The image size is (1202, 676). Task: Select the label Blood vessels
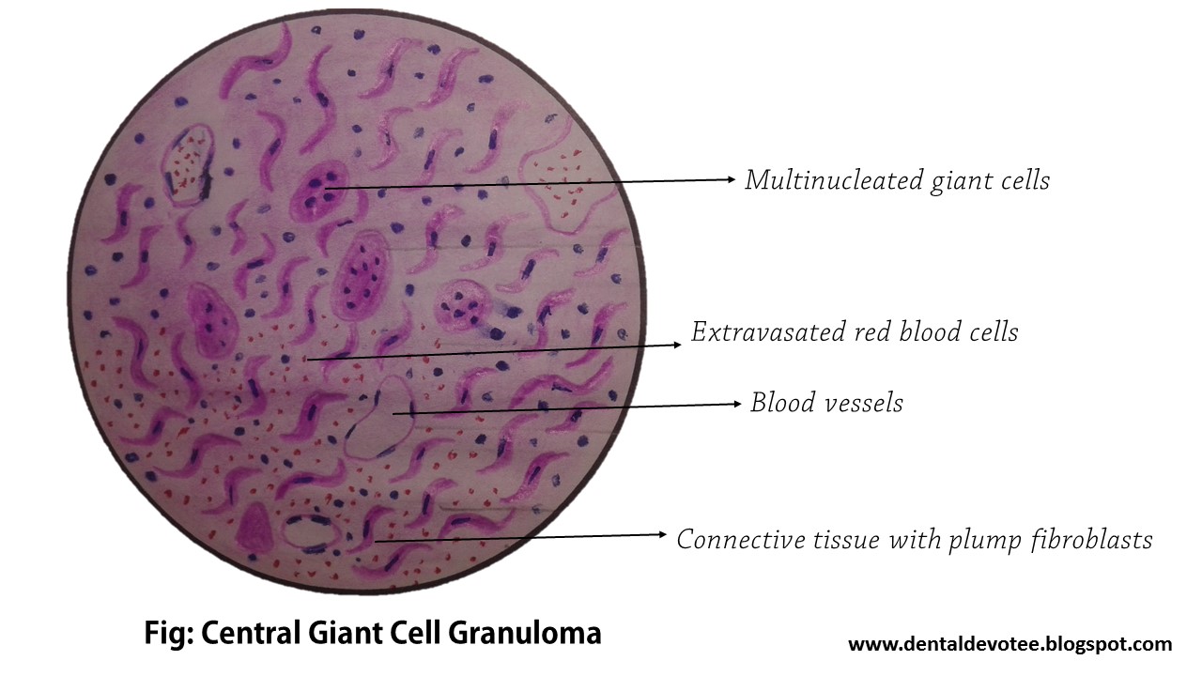pos(826,403)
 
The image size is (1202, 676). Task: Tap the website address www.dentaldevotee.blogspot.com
pos(1009,644)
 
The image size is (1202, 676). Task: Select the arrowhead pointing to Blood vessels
pos(736,404)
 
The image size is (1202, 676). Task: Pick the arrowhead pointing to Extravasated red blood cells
pos(677,345)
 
